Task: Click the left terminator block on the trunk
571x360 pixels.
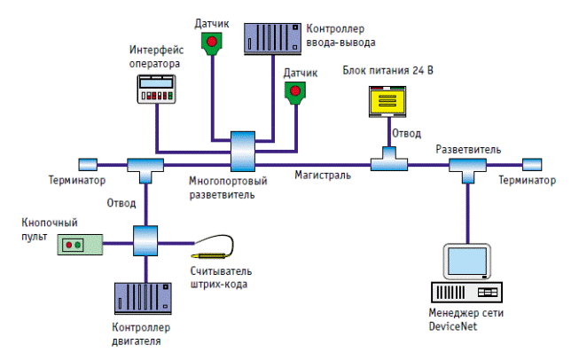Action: [88, 164]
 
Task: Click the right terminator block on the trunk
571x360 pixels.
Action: [532, 164]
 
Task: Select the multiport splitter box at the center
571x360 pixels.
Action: [242, 151]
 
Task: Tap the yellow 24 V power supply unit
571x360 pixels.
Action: [388, 102]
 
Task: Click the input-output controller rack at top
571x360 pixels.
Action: [271, 35]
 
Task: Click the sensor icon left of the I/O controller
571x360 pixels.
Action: [212, 43]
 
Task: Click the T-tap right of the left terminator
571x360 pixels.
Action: [144, 166]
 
